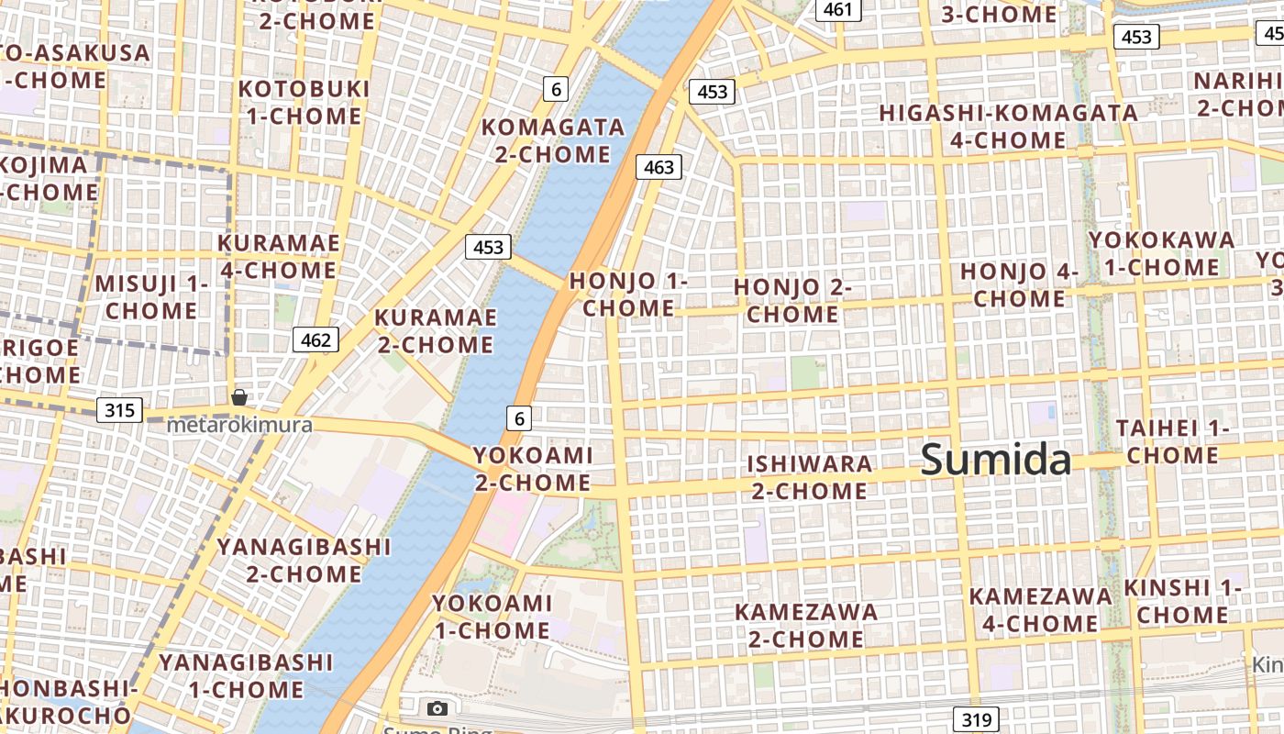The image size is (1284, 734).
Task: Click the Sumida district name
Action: point(995,459)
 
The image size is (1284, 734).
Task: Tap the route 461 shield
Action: point(838,10)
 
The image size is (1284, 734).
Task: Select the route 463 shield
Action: point(659,167)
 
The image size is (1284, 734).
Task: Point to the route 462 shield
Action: point(315,339)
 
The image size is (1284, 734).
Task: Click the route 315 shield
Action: point(120,409)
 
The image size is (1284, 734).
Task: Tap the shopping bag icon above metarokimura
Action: point(239,397)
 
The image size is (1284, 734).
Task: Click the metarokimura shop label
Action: point(239,425)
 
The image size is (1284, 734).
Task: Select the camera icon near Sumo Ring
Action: point(437,708)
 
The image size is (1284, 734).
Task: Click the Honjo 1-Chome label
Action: point(628,294)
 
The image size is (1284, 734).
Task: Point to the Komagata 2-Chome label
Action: point(553,139)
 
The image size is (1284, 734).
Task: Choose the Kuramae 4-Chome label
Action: point(278,257)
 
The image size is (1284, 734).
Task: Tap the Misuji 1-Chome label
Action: point(151,296)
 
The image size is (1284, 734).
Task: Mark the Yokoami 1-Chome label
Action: point(493,617)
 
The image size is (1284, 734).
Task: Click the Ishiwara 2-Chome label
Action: point(809,477)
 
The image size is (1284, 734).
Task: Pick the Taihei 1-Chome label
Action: point(1172,441)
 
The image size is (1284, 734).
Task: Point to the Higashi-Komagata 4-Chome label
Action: point(1009,127)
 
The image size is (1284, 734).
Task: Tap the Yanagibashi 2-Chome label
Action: point(304,561)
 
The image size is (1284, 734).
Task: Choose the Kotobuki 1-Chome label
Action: point(304,102)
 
